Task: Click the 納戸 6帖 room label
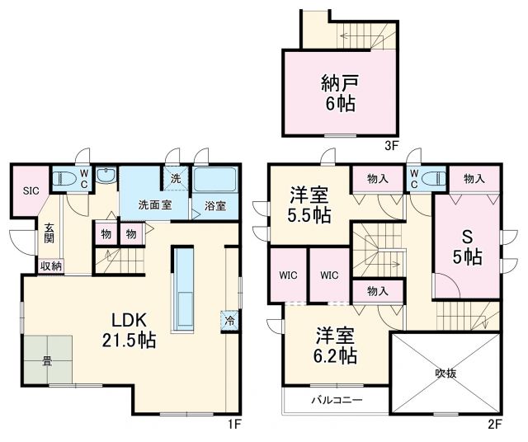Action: (339, 93)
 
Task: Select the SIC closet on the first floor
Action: (31, 190)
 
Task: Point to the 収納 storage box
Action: (49, 266)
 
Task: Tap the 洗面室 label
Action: (154, 205)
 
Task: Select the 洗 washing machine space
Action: (176, 179)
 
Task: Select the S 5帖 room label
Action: (467, 246)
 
